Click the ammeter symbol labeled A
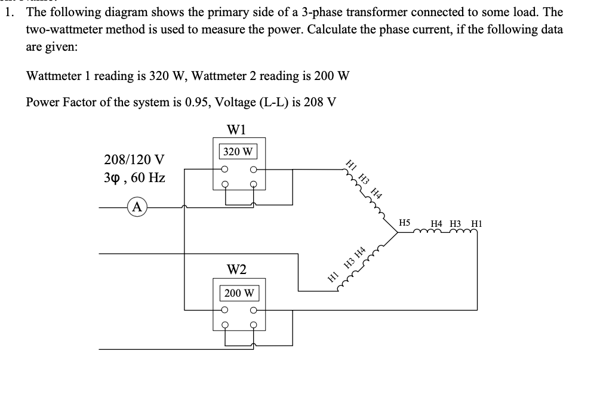pyautogui.click(x=138, y=207)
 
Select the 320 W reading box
pyautogui.click(x=238, y=151)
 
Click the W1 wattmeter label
pyautogui.click(x=238, y=129)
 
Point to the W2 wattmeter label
pyautogui.click(x=238, y=270)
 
